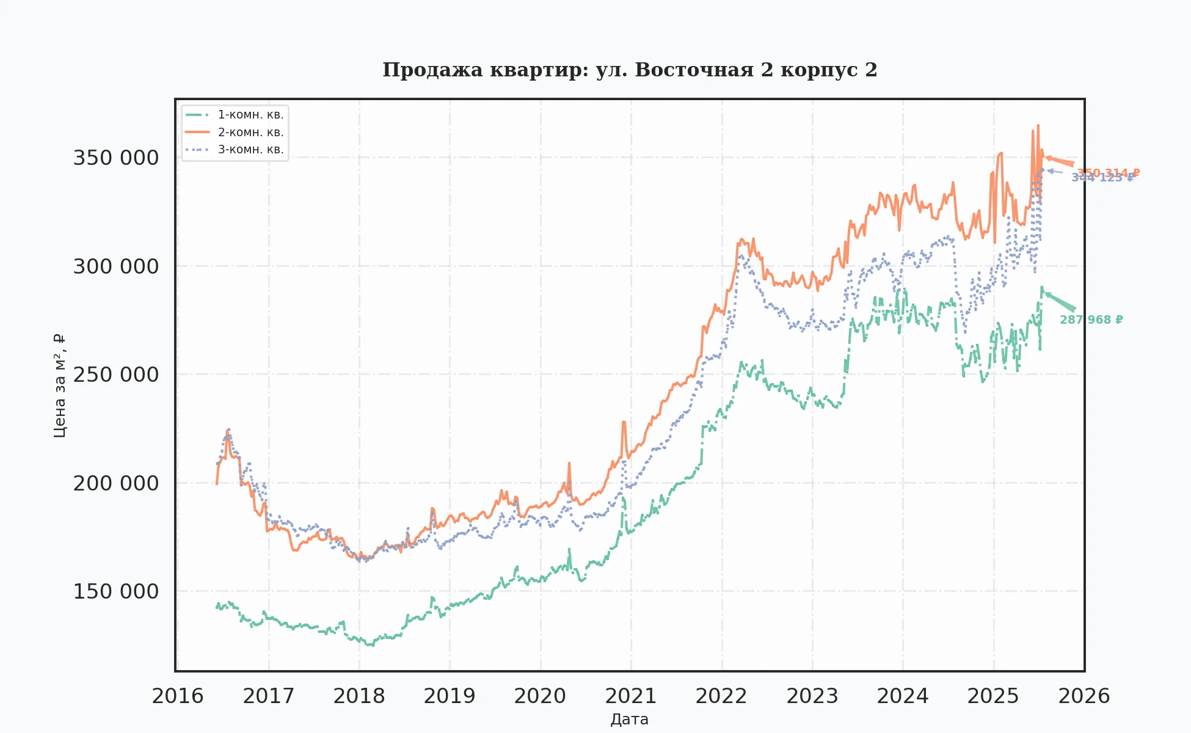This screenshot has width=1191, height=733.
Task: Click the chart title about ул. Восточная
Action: pyautogui.click(x=630, y=70)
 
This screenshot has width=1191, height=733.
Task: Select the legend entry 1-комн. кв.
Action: pyautogui.click(x=250, y=115)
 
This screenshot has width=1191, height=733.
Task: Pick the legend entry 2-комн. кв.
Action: pyautogui.click(x=250, y=133)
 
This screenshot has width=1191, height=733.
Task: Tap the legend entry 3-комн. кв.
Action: pyautogui.click(x=250, y=150)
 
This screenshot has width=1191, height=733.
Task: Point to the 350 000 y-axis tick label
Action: pyautogui.click(x=115, y=158)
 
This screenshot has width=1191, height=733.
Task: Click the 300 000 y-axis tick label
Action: pyautogui.click(x=115, y=267)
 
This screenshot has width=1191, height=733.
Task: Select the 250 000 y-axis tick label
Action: pyautogui.click(x=115, y=375)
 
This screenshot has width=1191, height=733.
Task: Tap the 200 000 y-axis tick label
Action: pyautogui.click(x=115, y=484)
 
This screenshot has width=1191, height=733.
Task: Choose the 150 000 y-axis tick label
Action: pyautogui.click(x=115, y=592)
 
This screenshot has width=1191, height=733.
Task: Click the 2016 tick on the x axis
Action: pyautogui.click(x=178, y=696)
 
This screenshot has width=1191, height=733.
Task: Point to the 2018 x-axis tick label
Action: pyautogui.click(x=359, y=696)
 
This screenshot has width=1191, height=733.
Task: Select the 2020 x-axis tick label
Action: pyautogui.click(x=540, y=696)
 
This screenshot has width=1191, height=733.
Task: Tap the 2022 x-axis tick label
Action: pyautogui.click(x=721, y=696)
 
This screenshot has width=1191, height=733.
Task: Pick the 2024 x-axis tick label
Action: pyautogui.click(x=903, y=696)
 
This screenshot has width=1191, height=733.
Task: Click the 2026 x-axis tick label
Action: pyautogui.click(x=1084, y=696)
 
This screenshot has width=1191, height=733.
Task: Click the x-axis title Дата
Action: pyautogui.click(x=629, y=720)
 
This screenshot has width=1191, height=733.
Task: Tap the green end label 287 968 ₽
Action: pyautogui.click(x=1091, y=320)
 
